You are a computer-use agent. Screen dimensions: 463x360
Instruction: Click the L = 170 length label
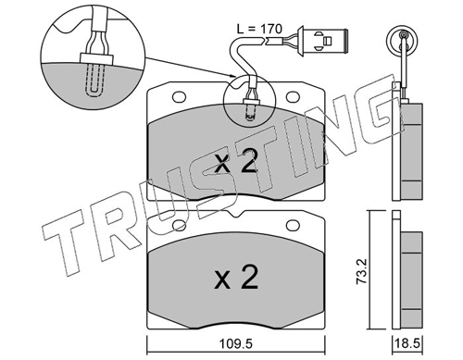click(x=259, y=29)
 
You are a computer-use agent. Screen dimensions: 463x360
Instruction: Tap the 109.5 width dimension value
click(x=235, y=343)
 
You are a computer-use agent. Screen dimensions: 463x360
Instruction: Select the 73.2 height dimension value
click(x=361, y=271)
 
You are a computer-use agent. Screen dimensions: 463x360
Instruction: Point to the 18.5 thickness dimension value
click(x=407, y=343)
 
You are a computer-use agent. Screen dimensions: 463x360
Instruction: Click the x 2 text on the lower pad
click(x=236, y=278)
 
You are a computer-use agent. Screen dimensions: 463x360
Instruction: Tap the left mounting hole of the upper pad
click(x=179, y=97)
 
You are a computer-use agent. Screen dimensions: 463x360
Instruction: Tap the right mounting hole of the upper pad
click(x=293, y=97)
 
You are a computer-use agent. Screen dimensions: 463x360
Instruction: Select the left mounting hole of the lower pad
click(x=179, y=225)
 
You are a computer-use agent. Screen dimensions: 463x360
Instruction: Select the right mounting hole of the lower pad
click(x=293, y=225)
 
